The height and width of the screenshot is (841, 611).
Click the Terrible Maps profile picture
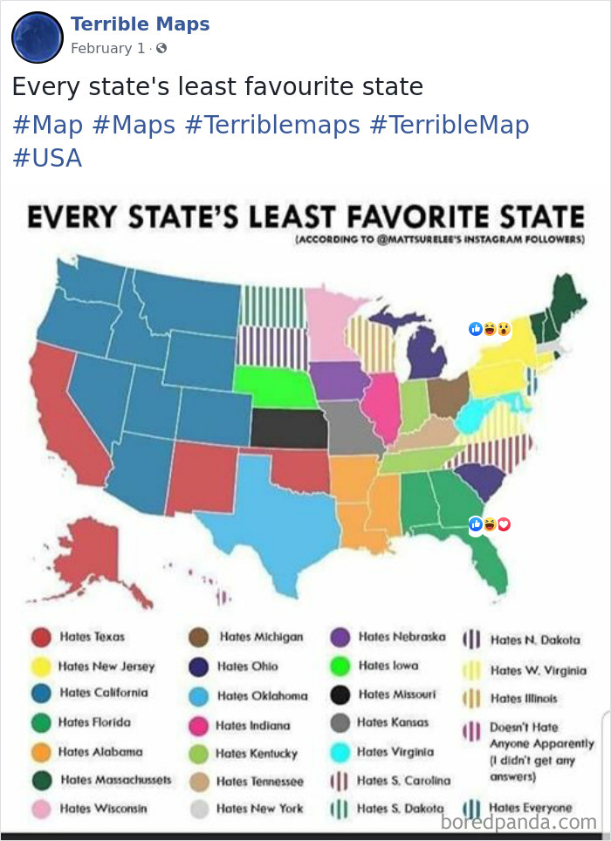pos(38,37)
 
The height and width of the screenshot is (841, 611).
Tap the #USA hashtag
pos(47,158)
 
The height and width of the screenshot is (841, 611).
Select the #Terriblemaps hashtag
pos(272,125)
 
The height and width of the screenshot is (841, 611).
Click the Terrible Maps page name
pos(140,24)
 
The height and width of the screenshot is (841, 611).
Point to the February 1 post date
pos(107,49)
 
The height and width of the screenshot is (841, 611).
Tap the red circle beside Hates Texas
pos(39,638)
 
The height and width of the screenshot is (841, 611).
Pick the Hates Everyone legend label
pos(531,808)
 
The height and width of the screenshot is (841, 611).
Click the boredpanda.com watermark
pos(518,822)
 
